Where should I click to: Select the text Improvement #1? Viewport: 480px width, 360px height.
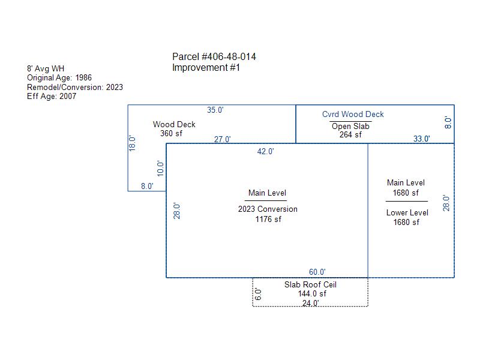pos(206,68)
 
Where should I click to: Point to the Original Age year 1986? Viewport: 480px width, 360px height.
pos(83,78)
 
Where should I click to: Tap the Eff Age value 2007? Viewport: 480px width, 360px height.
pos(68,97)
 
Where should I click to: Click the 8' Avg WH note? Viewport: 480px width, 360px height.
pos(46,68)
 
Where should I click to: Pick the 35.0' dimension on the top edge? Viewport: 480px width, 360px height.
pos(215,110)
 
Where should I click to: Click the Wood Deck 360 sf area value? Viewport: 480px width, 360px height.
pos(171,133)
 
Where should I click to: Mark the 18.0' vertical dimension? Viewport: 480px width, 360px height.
pos(132,143)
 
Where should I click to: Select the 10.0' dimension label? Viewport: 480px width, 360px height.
pos(160,169)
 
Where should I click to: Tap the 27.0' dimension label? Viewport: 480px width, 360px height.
pos(222,140)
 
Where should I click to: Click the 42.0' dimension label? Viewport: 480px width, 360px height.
pos(265,152)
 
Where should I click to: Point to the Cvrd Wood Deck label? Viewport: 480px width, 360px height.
pos(353,115)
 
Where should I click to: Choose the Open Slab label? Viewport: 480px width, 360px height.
pos(350,127)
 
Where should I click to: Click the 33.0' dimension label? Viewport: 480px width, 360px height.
pos(422,139)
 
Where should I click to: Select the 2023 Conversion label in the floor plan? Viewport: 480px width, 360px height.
pos(268,209)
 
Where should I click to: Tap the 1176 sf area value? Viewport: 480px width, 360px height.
pos(268,219)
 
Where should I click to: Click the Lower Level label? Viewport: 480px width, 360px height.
pos(407,213)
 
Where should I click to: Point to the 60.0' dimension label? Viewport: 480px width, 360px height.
pos(317,272)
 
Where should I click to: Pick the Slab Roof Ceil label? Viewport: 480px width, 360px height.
pos(310,284)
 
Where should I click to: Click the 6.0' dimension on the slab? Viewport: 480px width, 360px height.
pos(259,295)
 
